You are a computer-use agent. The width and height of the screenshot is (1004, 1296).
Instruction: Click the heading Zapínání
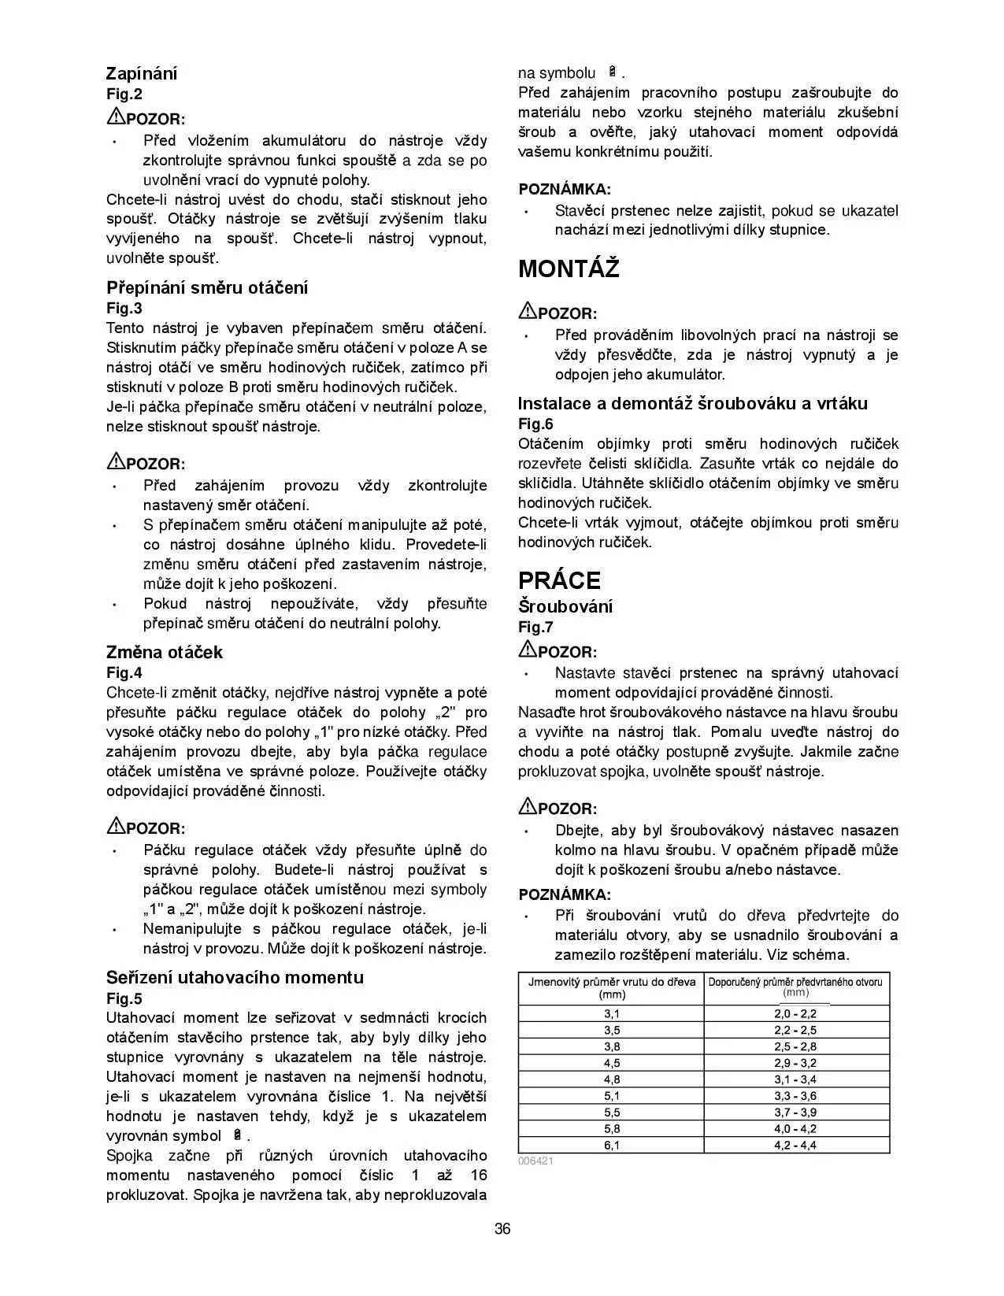pyautogui.click(x=142, y=74)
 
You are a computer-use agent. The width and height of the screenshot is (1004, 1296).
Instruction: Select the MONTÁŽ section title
pyautogui.click(x=569, y=269)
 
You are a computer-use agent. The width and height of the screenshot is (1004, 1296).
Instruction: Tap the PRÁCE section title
pyautogui.click(x=559, y=580)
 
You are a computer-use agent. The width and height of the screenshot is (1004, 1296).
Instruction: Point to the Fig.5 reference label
pyautogui.click(x=124, y=998)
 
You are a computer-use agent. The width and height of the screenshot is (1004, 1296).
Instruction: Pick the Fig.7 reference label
pyautogui.click(x=535, y=627)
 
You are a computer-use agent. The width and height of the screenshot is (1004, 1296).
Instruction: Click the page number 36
pyautogui.click(x=502, y=1228)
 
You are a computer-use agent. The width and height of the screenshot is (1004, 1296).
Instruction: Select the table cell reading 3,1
pyautogui.click(x=612, y=1013)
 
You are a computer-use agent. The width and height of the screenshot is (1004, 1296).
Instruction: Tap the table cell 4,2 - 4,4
pyautogui.click(x=795, y=1145)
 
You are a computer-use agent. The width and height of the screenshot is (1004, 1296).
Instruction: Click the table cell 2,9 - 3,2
pyautogui.click(x=795, y=1063)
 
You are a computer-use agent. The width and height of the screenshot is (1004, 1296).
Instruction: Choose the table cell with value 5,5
pyautogui.click(x=612, y=1112)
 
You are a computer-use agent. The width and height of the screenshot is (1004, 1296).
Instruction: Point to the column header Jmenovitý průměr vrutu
pyautogui.click(x=612, y=987)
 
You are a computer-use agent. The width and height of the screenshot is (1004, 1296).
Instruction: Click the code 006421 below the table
pyautogui.click(x=535, y=1161)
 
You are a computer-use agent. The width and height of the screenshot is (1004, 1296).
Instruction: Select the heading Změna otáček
pyautogui.click(x=165, y=652)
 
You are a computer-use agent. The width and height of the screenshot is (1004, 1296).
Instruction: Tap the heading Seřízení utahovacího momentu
pyautogui.click(x=235, y=977)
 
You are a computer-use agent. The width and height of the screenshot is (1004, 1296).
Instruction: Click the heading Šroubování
pyautogui.click(x=565, y=606)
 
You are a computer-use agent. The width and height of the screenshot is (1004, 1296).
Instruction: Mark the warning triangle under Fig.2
pyautogui.click(x=115, y=117)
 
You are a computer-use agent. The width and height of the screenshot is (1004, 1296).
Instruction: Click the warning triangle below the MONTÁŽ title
pyautogui.click(x=527, y=311)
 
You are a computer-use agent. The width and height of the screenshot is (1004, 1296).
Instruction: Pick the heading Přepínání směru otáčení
pyautogui.click(x=207, y=287)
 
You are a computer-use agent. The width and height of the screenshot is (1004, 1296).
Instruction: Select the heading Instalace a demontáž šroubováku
pyautogui.click(x=692, y=404)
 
